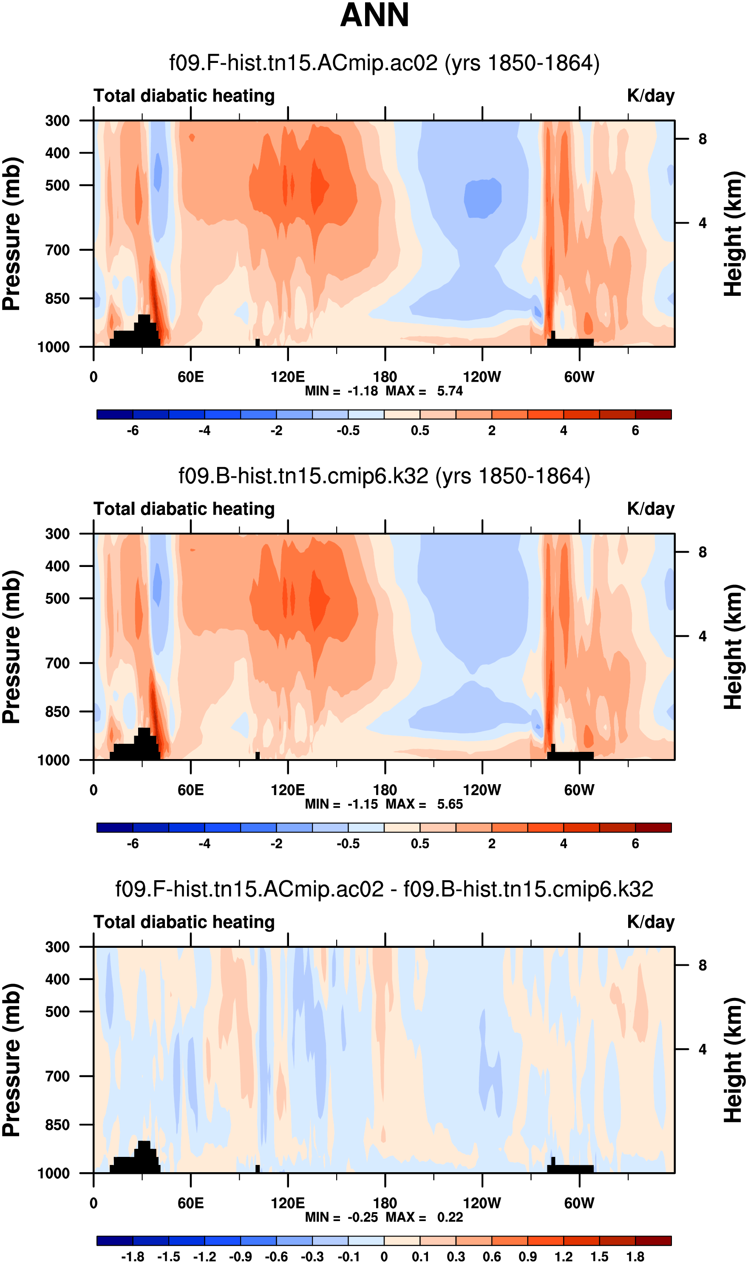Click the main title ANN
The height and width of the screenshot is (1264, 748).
click(x=374, y=16)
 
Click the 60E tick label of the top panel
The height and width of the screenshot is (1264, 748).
click(x=190, y=377)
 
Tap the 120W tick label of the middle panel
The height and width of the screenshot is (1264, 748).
click(x=482, y=790)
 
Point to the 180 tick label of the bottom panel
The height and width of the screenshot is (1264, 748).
click(x=385, y=1203)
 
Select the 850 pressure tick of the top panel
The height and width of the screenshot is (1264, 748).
click(x=57, y=299)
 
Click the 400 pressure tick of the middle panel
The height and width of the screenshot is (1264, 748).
click(x=57, y=566)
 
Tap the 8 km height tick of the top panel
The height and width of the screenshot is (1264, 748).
click(x=702, y=139)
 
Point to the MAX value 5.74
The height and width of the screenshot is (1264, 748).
click(x=450, y=391)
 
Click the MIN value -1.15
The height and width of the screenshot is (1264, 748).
click(x=363, y=805)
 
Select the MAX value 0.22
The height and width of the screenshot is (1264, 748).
click(x=450, y=1217)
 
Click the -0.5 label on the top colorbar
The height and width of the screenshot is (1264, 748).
click(x=348, y=431)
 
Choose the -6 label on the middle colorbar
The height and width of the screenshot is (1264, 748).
click(x=133, y=844)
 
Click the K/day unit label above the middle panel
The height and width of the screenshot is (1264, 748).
click(x=650, y=509)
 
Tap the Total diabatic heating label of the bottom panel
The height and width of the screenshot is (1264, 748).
click(x=184, y=922)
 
